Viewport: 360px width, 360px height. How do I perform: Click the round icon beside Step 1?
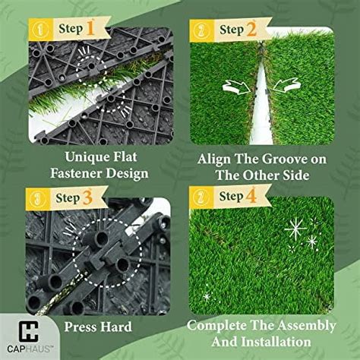pyautogui.click(x=36, y=30)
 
